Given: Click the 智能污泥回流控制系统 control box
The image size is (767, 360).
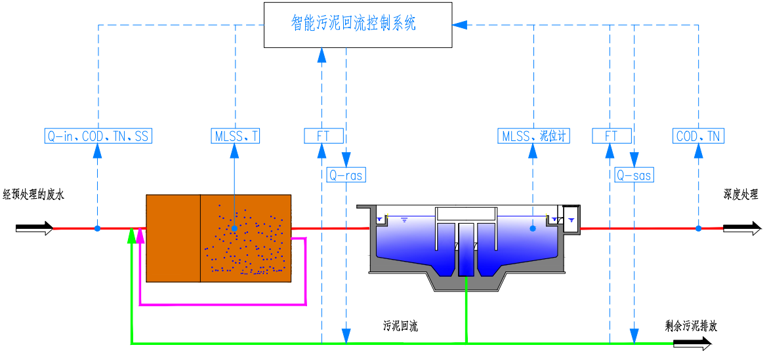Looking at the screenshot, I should coord(358,25).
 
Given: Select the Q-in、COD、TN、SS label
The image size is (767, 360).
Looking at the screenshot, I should coord(98,136).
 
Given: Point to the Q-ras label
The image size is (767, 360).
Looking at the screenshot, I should coord(346,175).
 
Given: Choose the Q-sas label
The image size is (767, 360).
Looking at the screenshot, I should coord(634,175).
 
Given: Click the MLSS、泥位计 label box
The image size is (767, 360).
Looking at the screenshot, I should coord(533,136).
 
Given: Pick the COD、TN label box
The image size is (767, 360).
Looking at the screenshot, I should coord(699,136).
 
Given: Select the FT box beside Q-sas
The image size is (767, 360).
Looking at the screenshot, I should coord(612,136).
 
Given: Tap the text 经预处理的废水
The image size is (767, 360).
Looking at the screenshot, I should coord(34,194).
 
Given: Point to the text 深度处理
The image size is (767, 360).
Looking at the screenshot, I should coord(741,194).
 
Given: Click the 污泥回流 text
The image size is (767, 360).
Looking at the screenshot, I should coord(400,326).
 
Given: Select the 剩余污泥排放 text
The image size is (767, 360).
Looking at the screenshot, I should coord(691,326).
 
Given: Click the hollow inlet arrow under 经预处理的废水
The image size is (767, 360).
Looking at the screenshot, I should coord(35,228).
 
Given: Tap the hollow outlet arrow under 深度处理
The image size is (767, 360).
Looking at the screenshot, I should coord(742,228).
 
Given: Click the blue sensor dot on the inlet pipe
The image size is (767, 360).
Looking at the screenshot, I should coord(97,228).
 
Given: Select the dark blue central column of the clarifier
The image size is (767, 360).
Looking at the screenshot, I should coord(466,249).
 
